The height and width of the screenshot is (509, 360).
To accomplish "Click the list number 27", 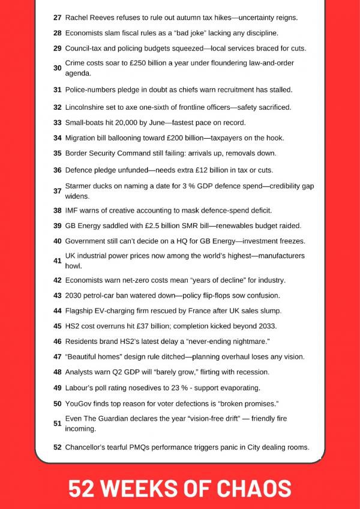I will point(57,18).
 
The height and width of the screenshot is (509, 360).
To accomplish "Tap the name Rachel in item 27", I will point(77,18).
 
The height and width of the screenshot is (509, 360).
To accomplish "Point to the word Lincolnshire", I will point(88,107).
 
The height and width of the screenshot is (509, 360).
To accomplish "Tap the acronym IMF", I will point(72,210).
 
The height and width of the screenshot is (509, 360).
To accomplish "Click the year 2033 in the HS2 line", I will point(267,326).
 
